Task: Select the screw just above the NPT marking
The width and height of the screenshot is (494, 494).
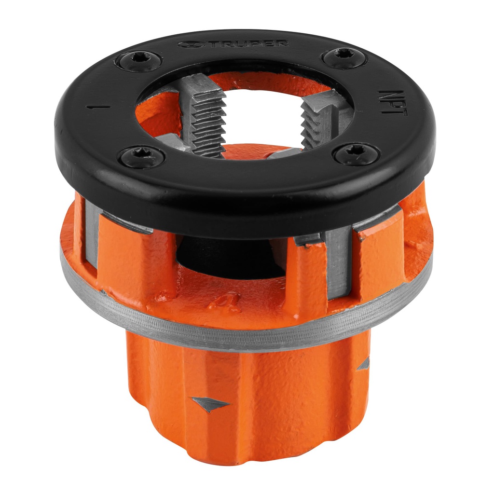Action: (x=344, y=57)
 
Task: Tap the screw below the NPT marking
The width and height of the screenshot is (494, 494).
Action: (x=357, y=154)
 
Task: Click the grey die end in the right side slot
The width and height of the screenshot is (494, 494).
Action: (x=338, y=261)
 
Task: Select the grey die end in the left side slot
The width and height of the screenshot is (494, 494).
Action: (x=92, y=232)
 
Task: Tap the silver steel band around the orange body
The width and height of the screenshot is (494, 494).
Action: (x=241, y=333)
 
